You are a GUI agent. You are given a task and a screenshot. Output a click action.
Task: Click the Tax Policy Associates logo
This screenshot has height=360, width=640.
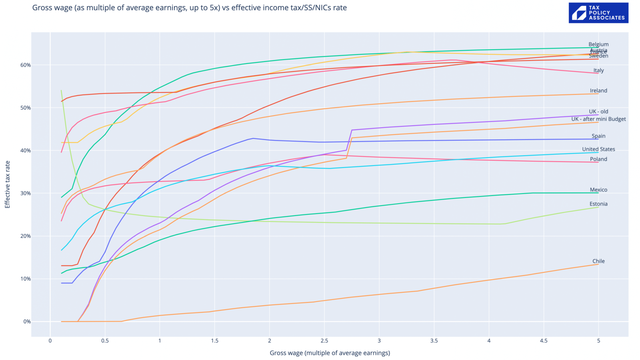598,13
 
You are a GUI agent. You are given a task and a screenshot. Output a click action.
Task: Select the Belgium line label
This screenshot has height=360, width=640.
598,44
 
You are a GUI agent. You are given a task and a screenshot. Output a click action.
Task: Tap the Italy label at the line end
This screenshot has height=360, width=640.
598,70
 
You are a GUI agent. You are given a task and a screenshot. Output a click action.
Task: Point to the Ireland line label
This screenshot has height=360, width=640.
598,91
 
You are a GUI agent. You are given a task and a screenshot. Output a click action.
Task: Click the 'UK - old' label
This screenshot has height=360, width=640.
598,112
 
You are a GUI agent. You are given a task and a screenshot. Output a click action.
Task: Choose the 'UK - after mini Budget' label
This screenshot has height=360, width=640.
598,119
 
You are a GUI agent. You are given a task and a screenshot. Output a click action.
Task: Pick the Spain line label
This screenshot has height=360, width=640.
598,136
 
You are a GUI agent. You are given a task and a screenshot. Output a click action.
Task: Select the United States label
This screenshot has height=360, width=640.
598,149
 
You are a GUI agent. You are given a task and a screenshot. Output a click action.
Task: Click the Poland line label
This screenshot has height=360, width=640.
598,159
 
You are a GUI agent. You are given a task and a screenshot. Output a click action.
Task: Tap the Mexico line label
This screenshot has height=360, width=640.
598,190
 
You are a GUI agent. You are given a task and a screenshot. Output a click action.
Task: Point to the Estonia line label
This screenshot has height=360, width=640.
598,204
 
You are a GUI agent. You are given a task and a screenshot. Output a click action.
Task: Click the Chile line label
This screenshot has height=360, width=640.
598,261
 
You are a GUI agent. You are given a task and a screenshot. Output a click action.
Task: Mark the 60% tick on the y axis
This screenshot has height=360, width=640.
26,65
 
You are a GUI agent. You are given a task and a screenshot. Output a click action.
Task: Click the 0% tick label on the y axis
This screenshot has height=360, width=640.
27,322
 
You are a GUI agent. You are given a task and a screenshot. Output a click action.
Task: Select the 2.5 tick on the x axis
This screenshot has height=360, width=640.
324,341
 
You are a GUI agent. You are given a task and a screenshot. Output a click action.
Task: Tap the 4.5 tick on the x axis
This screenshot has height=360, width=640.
544,341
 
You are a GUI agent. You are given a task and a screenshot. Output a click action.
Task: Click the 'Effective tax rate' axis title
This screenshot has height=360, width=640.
8,184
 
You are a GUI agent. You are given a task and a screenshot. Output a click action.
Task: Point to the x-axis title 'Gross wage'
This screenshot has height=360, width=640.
330,353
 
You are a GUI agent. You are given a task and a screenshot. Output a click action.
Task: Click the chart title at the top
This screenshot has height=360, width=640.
189,8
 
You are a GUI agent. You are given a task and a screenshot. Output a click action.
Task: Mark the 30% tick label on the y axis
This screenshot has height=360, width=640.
26,193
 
